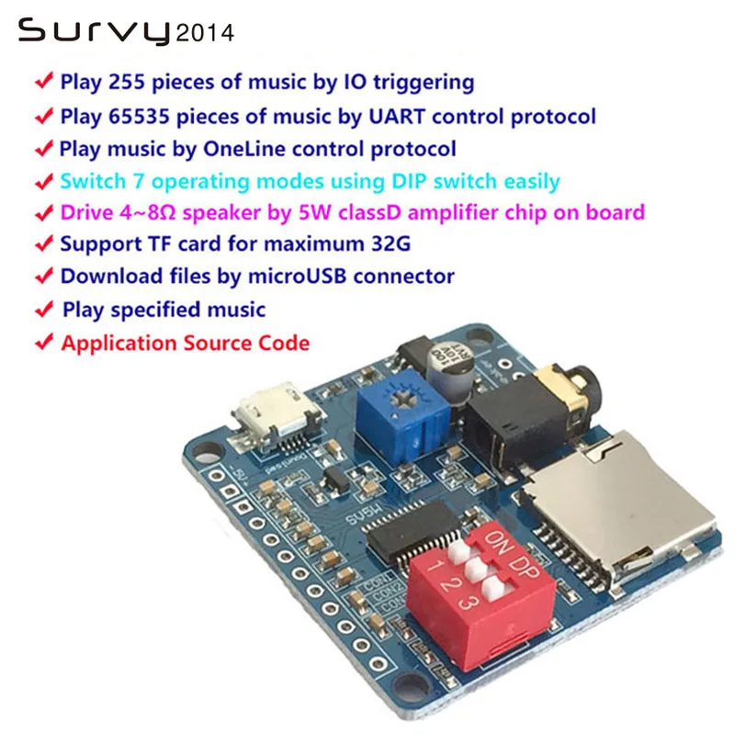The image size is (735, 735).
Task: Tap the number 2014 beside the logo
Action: [x=204, y=34]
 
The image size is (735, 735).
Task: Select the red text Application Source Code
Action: [x=185, y=344]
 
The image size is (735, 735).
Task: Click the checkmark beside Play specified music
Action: [x=43, y=310]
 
